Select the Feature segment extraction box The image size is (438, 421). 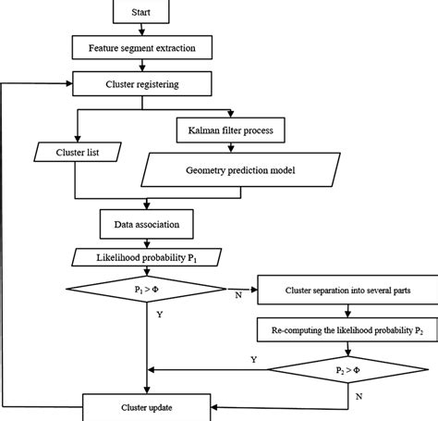click(142, 46)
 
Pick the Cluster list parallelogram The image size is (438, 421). click(79, 149)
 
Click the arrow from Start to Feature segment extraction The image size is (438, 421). click(142, 30)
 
